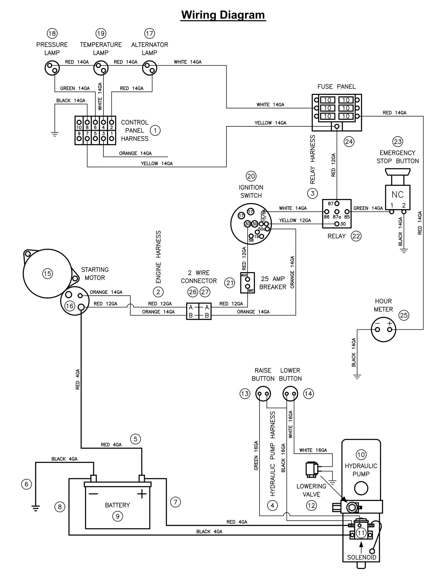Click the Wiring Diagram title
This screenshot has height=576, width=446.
(223, 15)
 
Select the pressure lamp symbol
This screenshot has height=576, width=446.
(52, 68)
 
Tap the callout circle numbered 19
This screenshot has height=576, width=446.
(101, 33)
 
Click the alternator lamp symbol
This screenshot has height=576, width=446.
(149, 68)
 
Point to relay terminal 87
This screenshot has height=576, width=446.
(337, 204)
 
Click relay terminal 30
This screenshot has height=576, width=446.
(337, 224)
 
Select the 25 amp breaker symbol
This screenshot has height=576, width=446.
(247, 282)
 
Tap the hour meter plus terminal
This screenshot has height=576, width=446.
(390, 329)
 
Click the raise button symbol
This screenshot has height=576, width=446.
(263, 394)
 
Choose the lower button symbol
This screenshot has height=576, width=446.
(290, 394)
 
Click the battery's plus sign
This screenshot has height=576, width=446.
(142, 494)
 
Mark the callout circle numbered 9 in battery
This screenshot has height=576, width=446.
(117, 516)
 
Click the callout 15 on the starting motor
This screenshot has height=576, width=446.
(47, 273)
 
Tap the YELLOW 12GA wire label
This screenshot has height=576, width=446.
(295, 220)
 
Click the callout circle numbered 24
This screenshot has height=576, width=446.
(349, 142)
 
